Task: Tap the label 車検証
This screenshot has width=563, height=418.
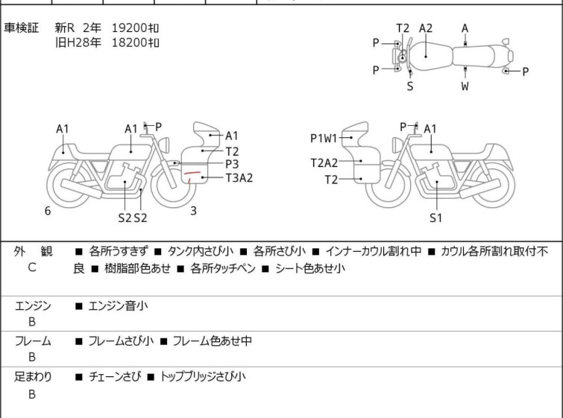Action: (x=21, y=28)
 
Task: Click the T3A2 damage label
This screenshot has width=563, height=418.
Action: (x=239, y=177)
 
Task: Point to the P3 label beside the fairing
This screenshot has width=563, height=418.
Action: (x=232, y=164)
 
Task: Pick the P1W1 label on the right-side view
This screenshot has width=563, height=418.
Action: (x=324, y=138)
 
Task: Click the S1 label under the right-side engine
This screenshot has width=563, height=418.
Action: (x=436, y=218)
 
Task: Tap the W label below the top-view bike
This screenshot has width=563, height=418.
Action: (x=465, y=86)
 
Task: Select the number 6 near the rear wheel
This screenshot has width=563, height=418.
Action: (x=48, y=211)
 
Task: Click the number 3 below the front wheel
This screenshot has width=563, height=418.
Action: (x=194, y=211)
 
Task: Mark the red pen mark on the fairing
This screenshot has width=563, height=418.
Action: (x=192, y=175)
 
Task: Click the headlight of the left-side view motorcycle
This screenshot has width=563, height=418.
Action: (x=164, y=145)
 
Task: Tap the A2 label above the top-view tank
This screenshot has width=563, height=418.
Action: (x=426, y=28)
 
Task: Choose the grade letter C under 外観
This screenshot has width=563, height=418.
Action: (x=32, y=267)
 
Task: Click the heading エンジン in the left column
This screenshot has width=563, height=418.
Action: (x=33, y=305)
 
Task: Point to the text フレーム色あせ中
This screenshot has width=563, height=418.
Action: (x=213, y=341)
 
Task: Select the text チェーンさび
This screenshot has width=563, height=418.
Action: (x=115, y=376)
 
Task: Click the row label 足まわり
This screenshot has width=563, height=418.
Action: (x=33, y=376)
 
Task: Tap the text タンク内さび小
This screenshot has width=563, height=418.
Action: (x=201, y=251)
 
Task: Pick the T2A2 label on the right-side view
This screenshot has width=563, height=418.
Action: (x=324, y=163)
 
